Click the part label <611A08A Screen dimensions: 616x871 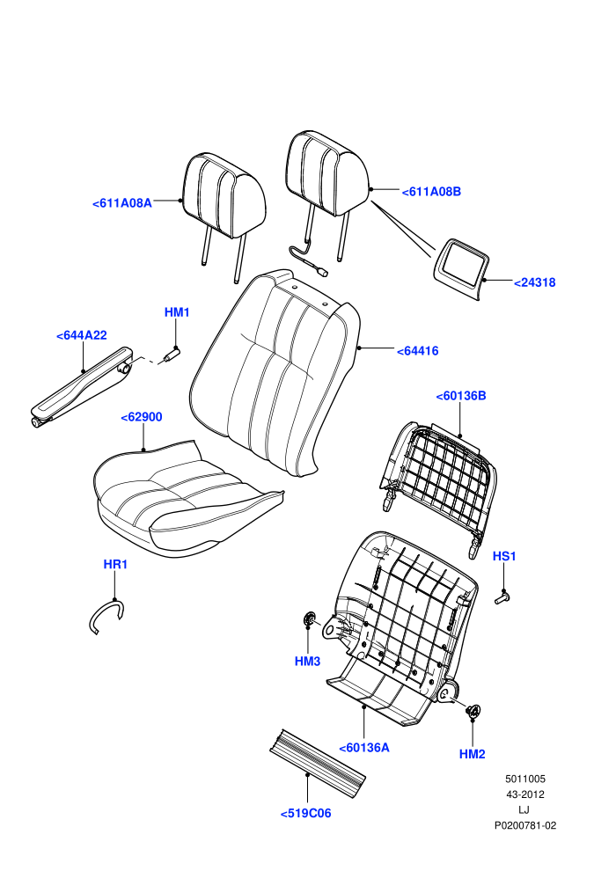tap(121, 203)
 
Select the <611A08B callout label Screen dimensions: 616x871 tap(431, 192)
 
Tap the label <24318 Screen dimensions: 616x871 tap(534, 282)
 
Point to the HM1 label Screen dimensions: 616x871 tap(177, 312)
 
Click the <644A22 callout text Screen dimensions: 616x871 tap(82, 335)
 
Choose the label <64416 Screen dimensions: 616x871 tap(418, 350)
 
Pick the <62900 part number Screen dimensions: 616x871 tap(142, 417)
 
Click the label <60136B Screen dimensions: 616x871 tap(461, 396)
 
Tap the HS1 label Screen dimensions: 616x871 tap(504, 556)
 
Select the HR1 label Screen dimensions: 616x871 tap(115, 564)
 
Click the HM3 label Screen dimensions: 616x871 tap(308, 661)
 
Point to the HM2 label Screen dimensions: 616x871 tap(473, 754)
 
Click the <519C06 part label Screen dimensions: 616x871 tap(305, 813)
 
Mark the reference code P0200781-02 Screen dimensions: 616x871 tap(525, 825)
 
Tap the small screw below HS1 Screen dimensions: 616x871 tap(502, 597)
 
